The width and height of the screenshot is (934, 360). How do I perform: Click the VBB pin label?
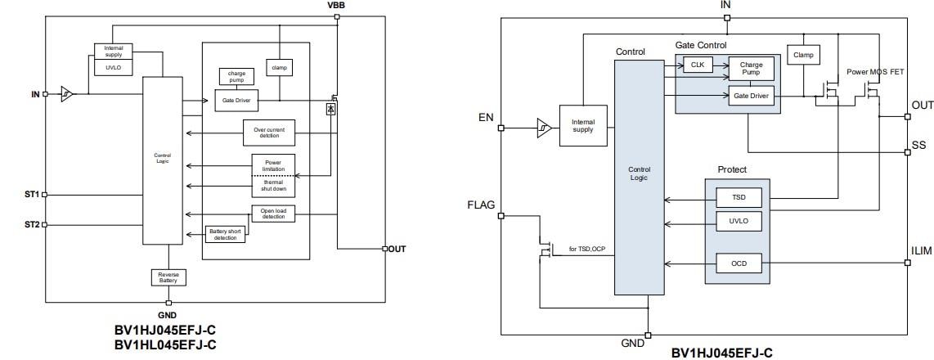click(x=336, y=6)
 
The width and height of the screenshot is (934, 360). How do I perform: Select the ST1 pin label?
click(x=31, y=195)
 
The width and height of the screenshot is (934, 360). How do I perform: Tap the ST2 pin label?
click(x=31, y=224)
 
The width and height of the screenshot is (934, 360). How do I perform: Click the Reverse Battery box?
click(x=169, y=277)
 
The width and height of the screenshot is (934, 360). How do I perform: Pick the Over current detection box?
click(x=269, y=131)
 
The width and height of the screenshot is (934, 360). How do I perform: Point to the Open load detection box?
click(x=273, y=214)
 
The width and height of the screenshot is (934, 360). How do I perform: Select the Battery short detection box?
click(x=225, y=235)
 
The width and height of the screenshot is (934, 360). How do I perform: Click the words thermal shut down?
click(x=273, y=186)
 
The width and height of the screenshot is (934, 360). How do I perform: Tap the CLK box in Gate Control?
click(x=698, y=65)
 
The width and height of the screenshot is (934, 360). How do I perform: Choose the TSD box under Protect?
click(x=739, y=198)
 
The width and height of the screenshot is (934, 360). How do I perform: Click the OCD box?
click(x=739, y=263)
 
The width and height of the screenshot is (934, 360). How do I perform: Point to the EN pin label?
click(x=486, y=118)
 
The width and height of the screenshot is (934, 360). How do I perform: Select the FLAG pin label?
click(x=481, y=205)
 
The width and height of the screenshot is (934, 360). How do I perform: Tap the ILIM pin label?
click(x=921, y=251)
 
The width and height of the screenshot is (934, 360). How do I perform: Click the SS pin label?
click(x=918, y=145)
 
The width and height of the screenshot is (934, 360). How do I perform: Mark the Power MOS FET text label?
click(x=875, y=72)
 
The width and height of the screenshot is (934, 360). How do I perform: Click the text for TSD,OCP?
click(x=586, y=247)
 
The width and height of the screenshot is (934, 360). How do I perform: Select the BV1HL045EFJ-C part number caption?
click(x=165, y=344)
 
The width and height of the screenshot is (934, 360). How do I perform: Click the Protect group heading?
click(x=732, y=169)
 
